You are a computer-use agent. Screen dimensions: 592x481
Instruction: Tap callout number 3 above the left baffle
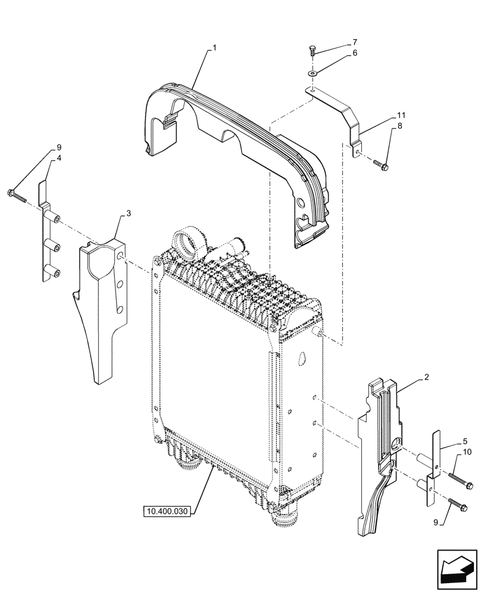(x=128, y=213)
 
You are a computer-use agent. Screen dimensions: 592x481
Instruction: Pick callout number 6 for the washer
(x=354, y=53)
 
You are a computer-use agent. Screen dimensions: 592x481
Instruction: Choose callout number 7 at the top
(x=354, y=42)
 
